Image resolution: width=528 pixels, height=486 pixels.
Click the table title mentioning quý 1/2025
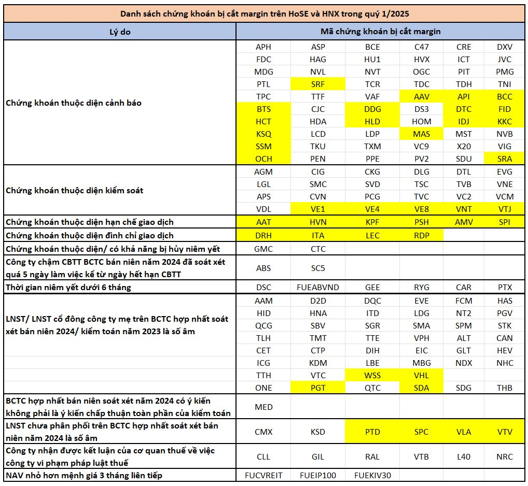click(x=265, y=14)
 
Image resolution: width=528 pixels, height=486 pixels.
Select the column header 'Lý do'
click(x=120, y=32)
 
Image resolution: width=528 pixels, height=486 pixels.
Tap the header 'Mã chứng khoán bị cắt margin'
click(x=380, y=32)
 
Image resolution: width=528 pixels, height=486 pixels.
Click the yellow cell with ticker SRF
click(x=318, y=84)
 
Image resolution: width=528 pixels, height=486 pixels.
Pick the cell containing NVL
click(x=318, y=72)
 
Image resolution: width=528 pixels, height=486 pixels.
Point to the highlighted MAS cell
click(x=421, y=134)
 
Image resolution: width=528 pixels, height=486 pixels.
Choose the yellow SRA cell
click(x=505, y=159)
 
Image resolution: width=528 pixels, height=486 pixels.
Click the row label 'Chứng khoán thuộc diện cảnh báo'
click(x=74, y=103)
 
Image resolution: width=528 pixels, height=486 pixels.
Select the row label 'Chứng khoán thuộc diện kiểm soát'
click(x=74, y=190)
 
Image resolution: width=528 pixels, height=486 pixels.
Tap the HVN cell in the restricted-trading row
click(x=318, y=222)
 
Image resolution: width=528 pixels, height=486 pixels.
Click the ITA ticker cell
click(x=318, y=235)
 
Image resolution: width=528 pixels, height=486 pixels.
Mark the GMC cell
click(x=263, y=249)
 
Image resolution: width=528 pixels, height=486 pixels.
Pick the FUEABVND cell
click(x=318, y=287)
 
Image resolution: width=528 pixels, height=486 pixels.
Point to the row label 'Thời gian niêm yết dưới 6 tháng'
click(x=68, y=287)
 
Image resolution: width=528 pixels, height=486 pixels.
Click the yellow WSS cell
click(x=372, y=375)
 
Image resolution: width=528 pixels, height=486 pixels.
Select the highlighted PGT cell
click(x=318, y=388)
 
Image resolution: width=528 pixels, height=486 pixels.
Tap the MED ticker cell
click(x=263, y=407)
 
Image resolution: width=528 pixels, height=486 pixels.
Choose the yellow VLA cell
click(x=464, y=432)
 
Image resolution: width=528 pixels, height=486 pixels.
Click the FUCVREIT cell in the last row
click(x=263, y=475)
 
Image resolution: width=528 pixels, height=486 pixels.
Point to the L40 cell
click(x=464, y=457)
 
